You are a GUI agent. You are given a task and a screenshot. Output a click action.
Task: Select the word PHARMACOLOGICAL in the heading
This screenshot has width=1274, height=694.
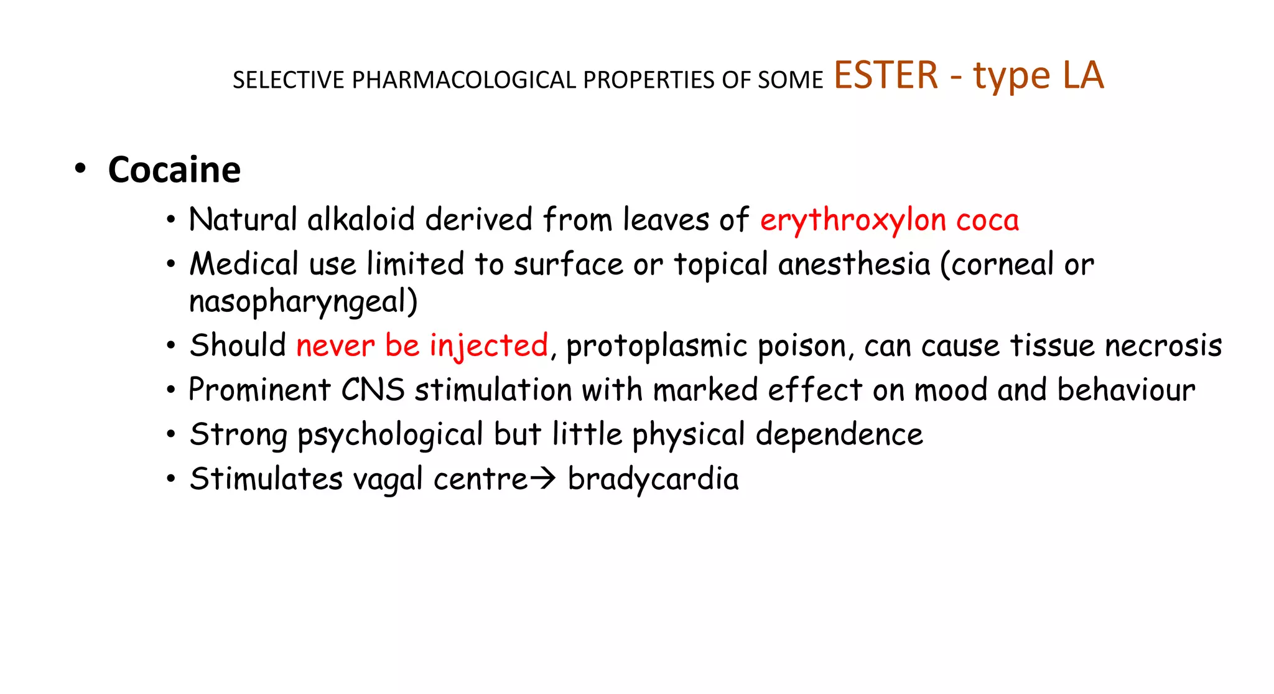click(x=464, y=80)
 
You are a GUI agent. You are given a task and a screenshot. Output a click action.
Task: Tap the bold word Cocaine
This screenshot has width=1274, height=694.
click(x=174, y=170)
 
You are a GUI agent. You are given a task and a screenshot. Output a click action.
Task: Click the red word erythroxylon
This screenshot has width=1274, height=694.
click(x=853, y=221)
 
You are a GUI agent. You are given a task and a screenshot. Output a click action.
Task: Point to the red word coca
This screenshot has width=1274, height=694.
click(x=987, y=220)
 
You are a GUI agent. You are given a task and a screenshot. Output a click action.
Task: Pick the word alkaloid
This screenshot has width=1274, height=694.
click(x=361, y=220)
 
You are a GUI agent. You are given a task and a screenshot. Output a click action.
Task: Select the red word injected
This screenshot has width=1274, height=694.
click(x=489, y=346)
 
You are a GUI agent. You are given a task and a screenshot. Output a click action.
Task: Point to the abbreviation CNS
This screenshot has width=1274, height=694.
click(x=373, y=390)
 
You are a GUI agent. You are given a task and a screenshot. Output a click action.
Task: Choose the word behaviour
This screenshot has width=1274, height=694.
click(x=1126, y=390)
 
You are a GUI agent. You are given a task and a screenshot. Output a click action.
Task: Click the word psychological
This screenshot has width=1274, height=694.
click(x=390, y=435)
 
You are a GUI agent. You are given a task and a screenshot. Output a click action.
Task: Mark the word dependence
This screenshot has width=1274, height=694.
click(x=839, y=434)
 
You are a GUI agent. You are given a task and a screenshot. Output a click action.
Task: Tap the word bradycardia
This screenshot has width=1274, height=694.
click(x=653, y=479)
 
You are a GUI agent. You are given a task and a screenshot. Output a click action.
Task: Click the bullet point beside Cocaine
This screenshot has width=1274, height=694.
click(x=79, y=169)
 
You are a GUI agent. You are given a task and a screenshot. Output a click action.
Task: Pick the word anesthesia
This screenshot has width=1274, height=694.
click(x=853, y=264)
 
